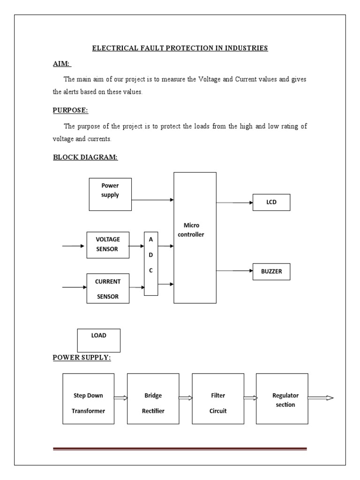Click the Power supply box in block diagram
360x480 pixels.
click(x=110, y=194)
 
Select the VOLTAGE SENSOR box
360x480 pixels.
click(x=108, y=244)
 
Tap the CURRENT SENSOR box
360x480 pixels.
click(x=108, y=288)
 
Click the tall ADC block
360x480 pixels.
click(x=151, y=263)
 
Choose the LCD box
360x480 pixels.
click(x=271, y=202)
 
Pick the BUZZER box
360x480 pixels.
click(x=271, y=271)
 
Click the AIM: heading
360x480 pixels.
click(x=62, y=64)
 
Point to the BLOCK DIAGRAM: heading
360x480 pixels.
click(x=85, y=157)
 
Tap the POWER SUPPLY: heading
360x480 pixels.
click(x=82, y=358)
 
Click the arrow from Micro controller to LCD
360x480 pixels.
click(x=234, y=202)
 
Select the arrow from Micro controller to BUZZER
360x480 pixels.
click(x=234, y=271)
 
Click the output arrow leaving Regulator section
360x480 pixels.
click(x=321, y=398)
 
